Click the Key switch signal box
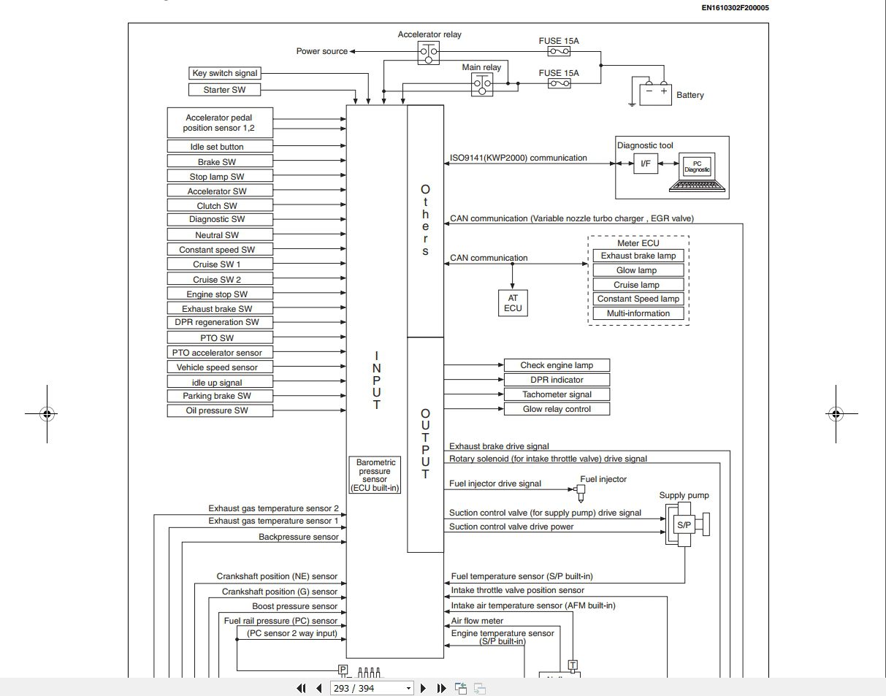224,73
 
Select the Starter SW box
224,90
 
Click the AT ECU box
512,303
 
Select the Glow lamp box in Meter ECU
636,270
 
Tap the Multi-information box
638,313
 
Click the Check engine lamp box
557,365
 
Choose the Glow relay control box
557,409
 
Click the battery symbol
654,93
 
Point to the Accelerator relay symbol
429,53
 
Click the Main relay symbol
481,85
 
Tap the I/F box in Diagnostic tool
646,164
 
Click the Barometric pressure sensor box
375,475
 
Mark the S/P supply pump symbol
684,524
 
